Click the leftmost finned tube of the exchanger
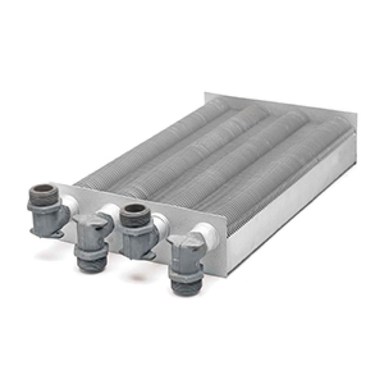(144, 144)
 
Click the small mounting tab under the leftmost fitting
(55, 233)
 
